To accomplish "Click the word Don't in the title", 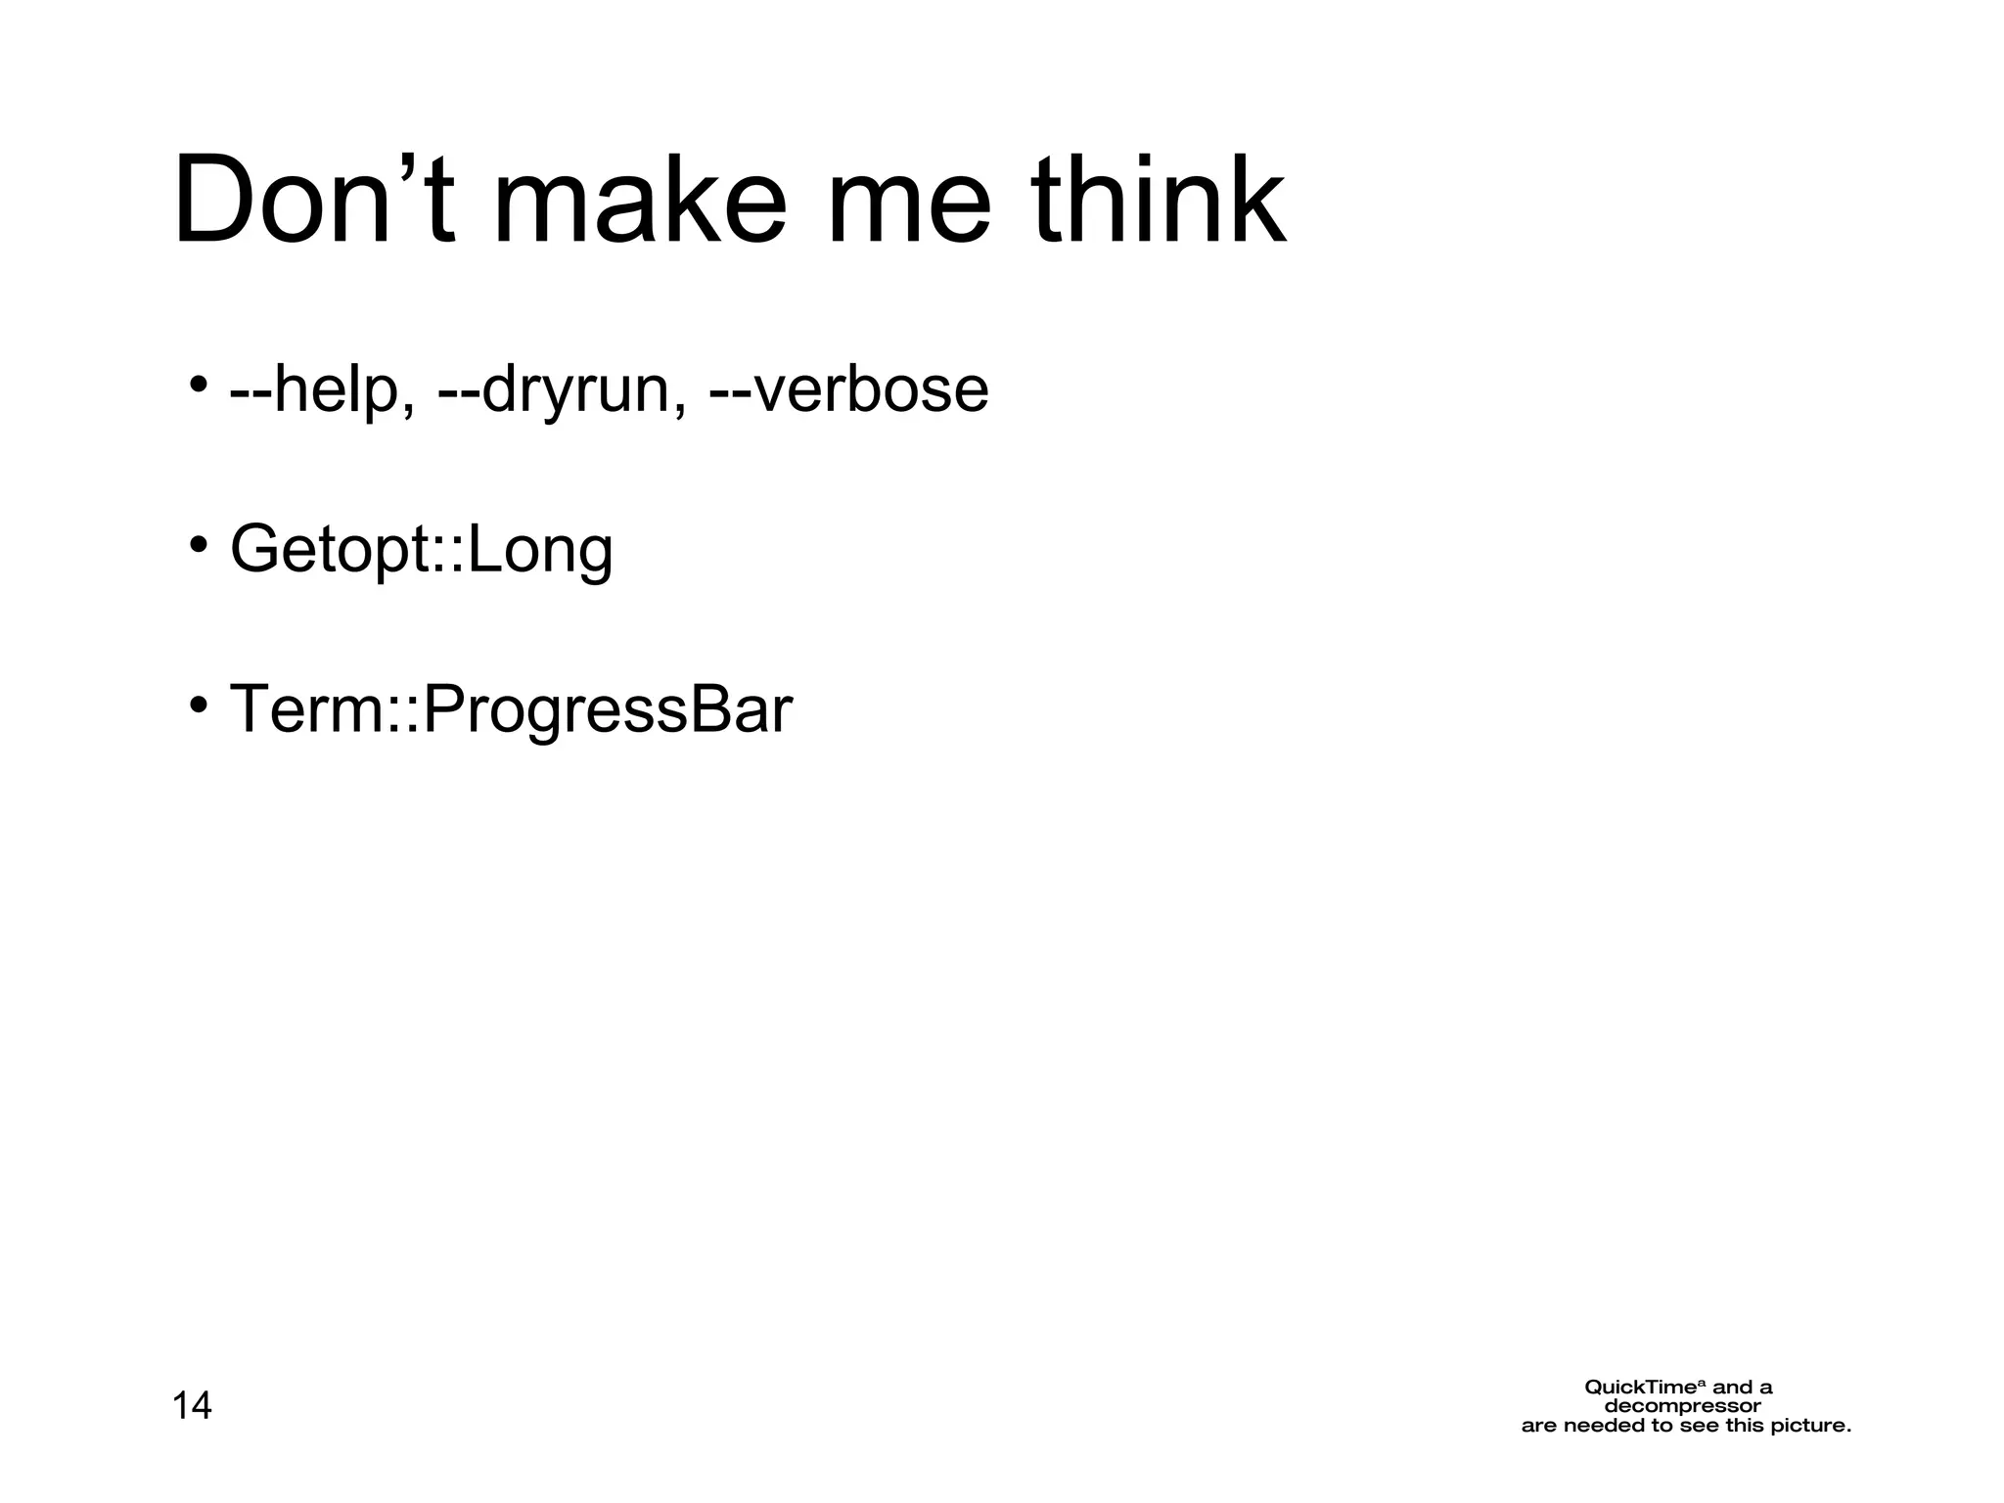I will pos(313,201).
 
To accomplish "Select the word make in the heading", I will pos(638,201).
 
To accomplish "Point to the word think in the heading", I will pos(1159,201).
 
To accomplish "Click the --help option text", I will pos(321,389).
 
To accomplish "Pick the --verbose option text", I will pos(848,389).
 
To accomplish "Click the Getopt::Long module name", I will pos(421,550).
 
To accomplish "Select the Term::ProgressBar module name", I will pos(510,709).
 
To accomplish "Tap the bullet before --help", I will pos(198,383).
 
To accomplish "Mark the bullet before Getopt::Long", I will pos(198,543).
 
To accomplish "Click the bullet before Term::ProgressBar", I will pos(198,704).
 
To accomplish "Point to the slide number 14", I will pos(192,1406).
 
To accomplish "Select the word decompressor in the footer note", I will pos(1682,1407).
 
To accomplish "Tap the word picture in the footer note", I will pos(1809,1426).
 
